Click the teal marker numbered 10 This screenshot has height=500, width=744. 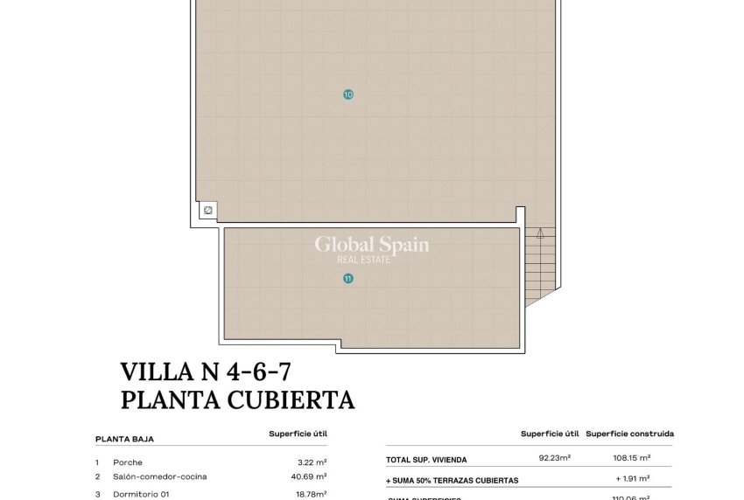point(348,94)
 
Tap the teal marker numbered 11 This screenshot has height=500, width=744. point(348,279)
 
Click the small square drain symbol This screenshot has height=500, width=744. point(208,210)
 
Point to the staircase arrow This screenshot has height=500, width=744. point(541,234)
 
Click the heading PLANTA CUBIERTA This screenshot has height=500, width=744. point(237,400)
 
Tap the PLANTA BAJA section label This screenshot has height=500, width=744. point(124,440)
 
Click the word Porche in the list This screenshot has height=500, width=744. point(128,462)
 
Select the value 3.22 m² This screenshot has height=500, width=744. point(312,462)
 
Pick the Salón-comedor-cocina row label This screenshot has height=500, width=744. point(160,476)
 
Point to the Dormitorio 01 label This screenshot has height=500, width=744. point(140,494)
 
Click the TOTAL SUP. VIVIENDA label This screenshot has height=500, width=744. point(426,460)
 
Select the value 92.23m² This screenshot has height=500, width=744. point(555,457)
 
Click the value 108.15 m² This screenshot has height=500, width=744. point(632,457)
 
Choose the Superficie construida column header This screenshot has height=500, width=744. point(629,434)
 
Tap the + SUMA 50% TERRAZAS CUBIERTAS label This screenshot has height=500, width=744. point(453,480)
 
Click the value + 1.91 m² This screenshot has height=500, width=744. point(633,478)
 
